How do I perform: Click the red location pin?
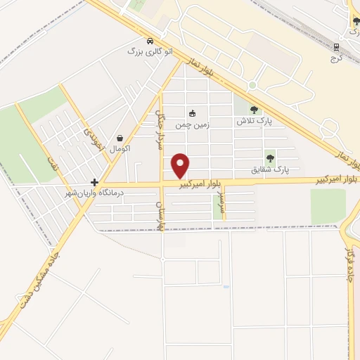point(181,165)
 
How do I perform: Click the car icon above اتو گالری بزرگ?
point(150,40)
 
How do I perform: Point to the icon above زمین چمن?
point(192,112)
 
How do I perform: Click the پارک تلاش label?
point(254,121)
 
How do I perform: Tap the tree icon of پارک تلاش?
point(254,110)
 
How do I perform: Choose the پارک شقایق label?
point(270,169)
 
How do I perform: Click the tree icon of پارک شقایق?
point(270,158)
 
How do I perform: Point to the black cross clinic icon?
point(94,181)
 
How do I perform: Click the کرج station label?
point(336,58)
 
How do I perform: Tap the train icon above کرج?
point(336,47)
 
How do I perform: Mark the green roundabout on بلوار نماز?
point(252,85)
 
